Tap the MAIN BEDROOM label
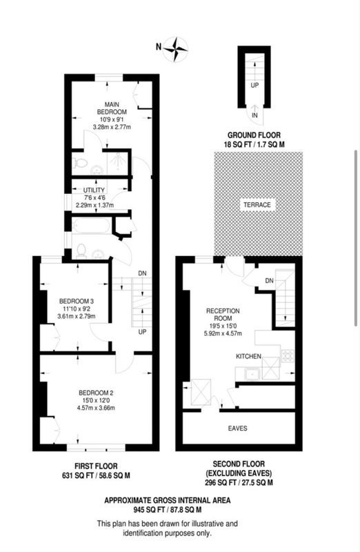(x=112, y=108)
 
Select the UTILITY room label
(x=94, y=190)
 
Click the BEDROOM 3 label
(x=77, y=302)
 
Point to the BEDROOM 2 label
(x=96, y=393)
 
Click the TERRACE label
(x=258, y=205)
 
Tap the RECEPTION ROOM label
(x=223, y=315)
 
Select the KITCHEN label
(x=248, y=356)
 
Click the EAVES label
(x=237, y=428)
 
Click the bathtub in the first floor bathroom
(x=92, y=226)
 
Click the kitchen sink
(x=252, y=374)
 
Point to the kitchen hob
(x=288, y=355)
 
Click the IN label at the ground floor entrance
(x=254, y=115)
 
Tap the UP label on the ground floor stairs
(x=254, y=86)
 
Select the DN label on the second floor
(x=269, y=281)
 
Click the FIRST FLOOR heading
(x=96, y=466)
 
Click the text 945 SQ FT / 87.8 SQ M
(x=168, y=509)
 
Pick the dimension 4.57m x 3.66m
(x=96, y=408)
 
